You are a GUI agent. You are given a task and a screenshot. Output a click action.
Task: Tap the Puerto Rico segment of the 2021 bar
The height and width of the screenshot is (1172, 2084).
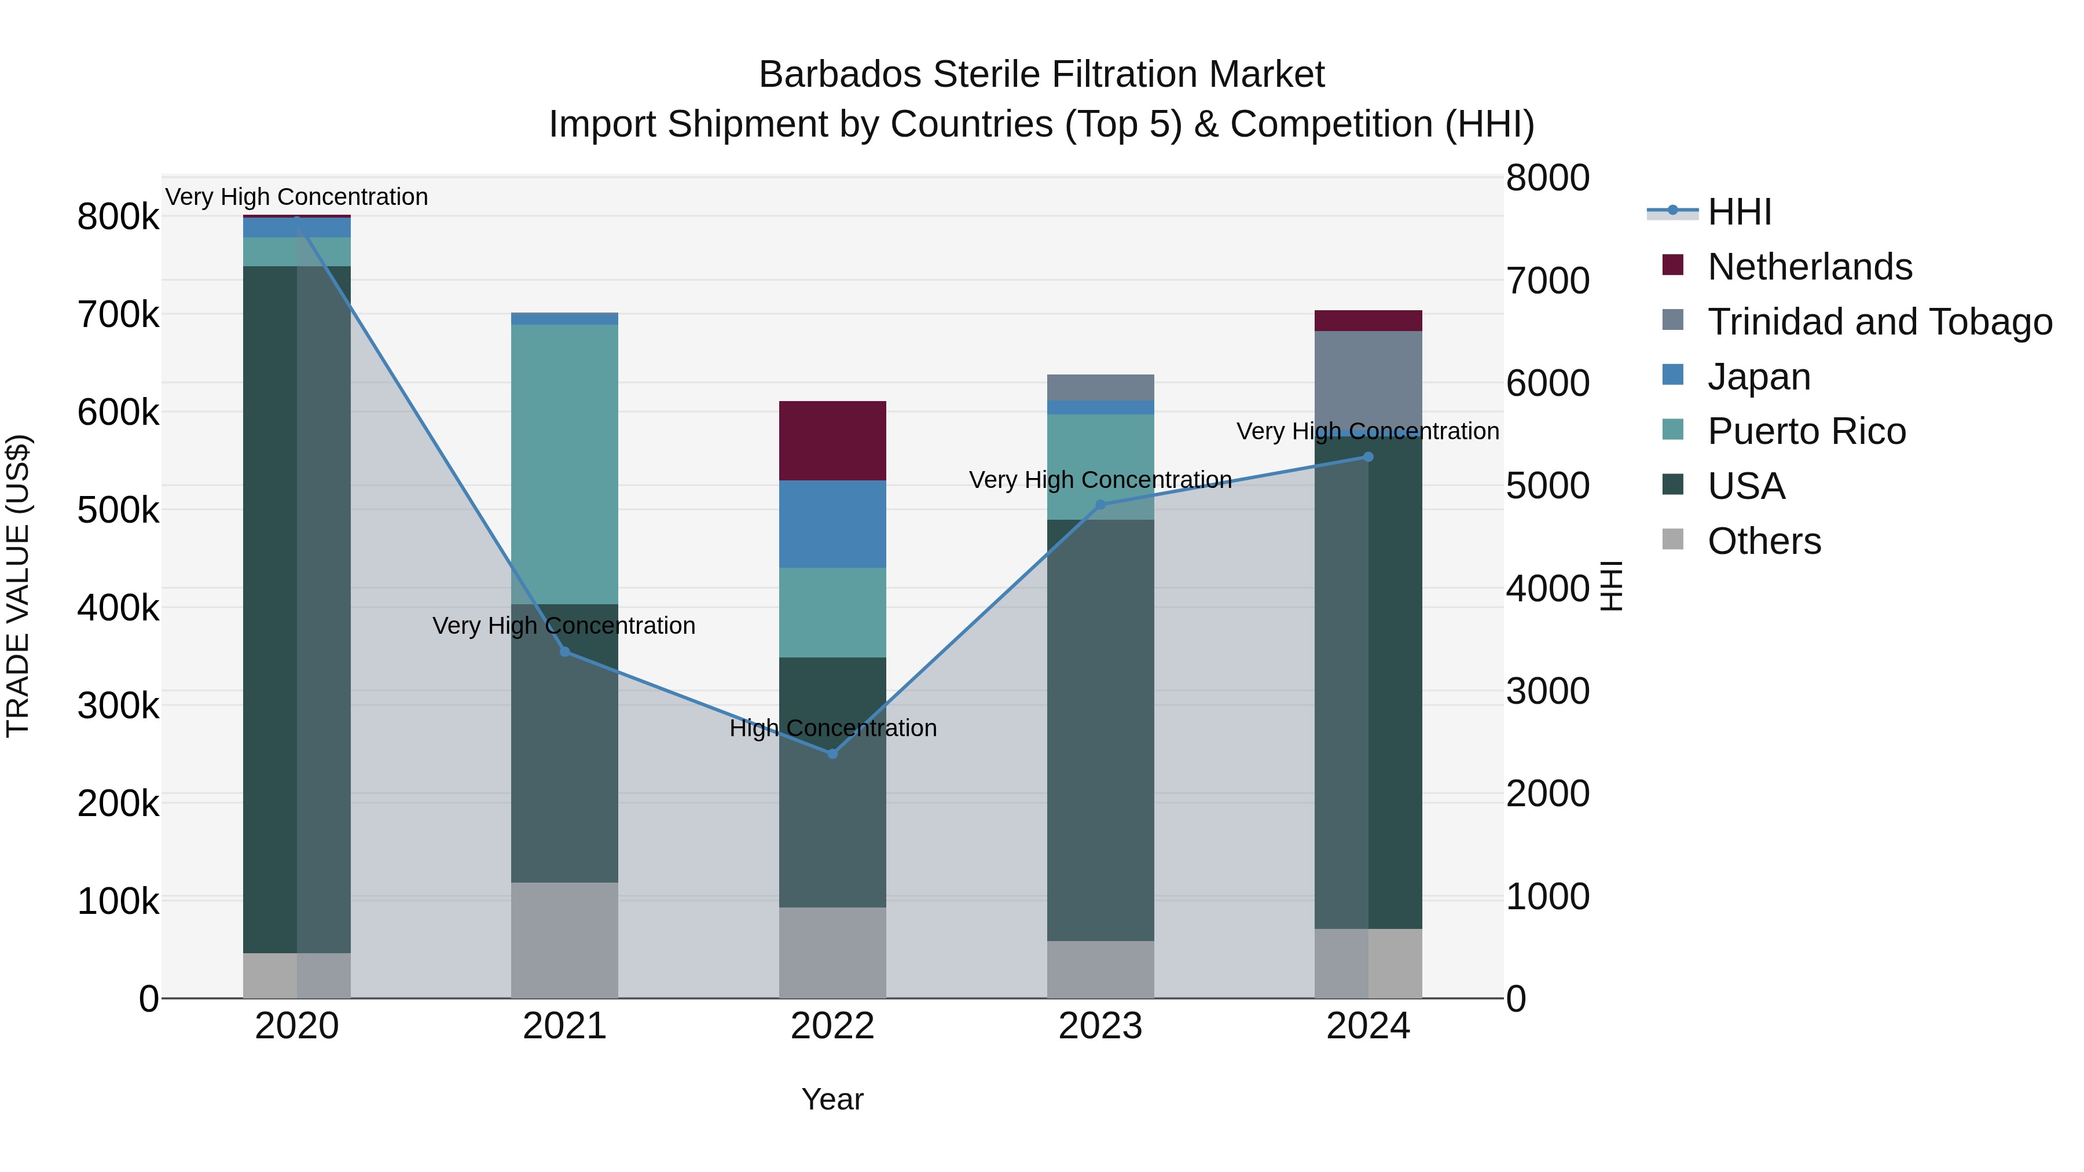point(564,464)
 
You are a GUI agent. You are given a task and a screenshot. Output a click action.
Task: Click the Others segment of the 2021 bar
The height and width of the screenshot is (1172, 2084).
point(564,939)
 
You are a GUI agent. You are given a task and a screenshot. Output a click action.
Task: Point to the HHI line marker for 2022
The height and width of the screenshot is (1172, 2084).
point(832,753)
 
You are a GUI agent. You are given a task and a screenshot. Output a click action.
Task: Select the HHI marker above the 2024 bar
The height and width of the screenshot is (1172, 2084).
point(1367,457)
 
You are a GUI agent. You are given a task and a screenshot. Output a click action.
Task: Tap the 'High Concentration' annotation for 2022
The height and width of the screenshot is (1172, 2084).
point(832,728)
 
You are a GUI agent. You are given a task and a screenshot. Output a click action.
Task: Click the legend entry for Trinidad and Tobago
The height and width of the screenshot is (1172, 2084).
point(1878,321)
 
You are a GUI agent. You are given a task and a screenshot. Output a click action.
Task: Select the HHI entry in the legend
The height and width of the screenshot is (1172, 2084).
point(1740,212)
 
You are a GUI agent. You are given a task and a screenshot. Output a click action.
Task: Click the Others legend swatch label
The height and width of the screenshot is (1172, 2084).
point(1764,541)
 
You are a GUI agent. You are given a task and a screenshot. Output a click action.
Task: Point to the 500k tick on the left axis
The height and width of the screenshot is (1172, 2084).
point(118,509)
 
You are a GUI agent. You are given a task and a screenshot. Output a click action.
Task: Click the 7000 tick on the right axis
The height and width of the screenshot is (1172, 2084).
point(1547,281)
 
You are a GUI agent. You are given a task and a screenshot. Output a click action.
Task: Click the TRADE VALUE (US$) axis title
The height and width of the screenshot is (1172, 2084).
point(19,586)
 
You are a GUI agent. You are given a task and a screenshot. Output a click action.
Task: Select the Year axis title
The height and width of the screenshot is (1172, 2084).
point(832,1099)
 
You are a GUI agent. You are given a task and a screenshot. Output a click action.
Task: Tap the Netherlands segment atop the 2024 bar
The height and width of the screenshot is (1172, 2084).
point(1367,320)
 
